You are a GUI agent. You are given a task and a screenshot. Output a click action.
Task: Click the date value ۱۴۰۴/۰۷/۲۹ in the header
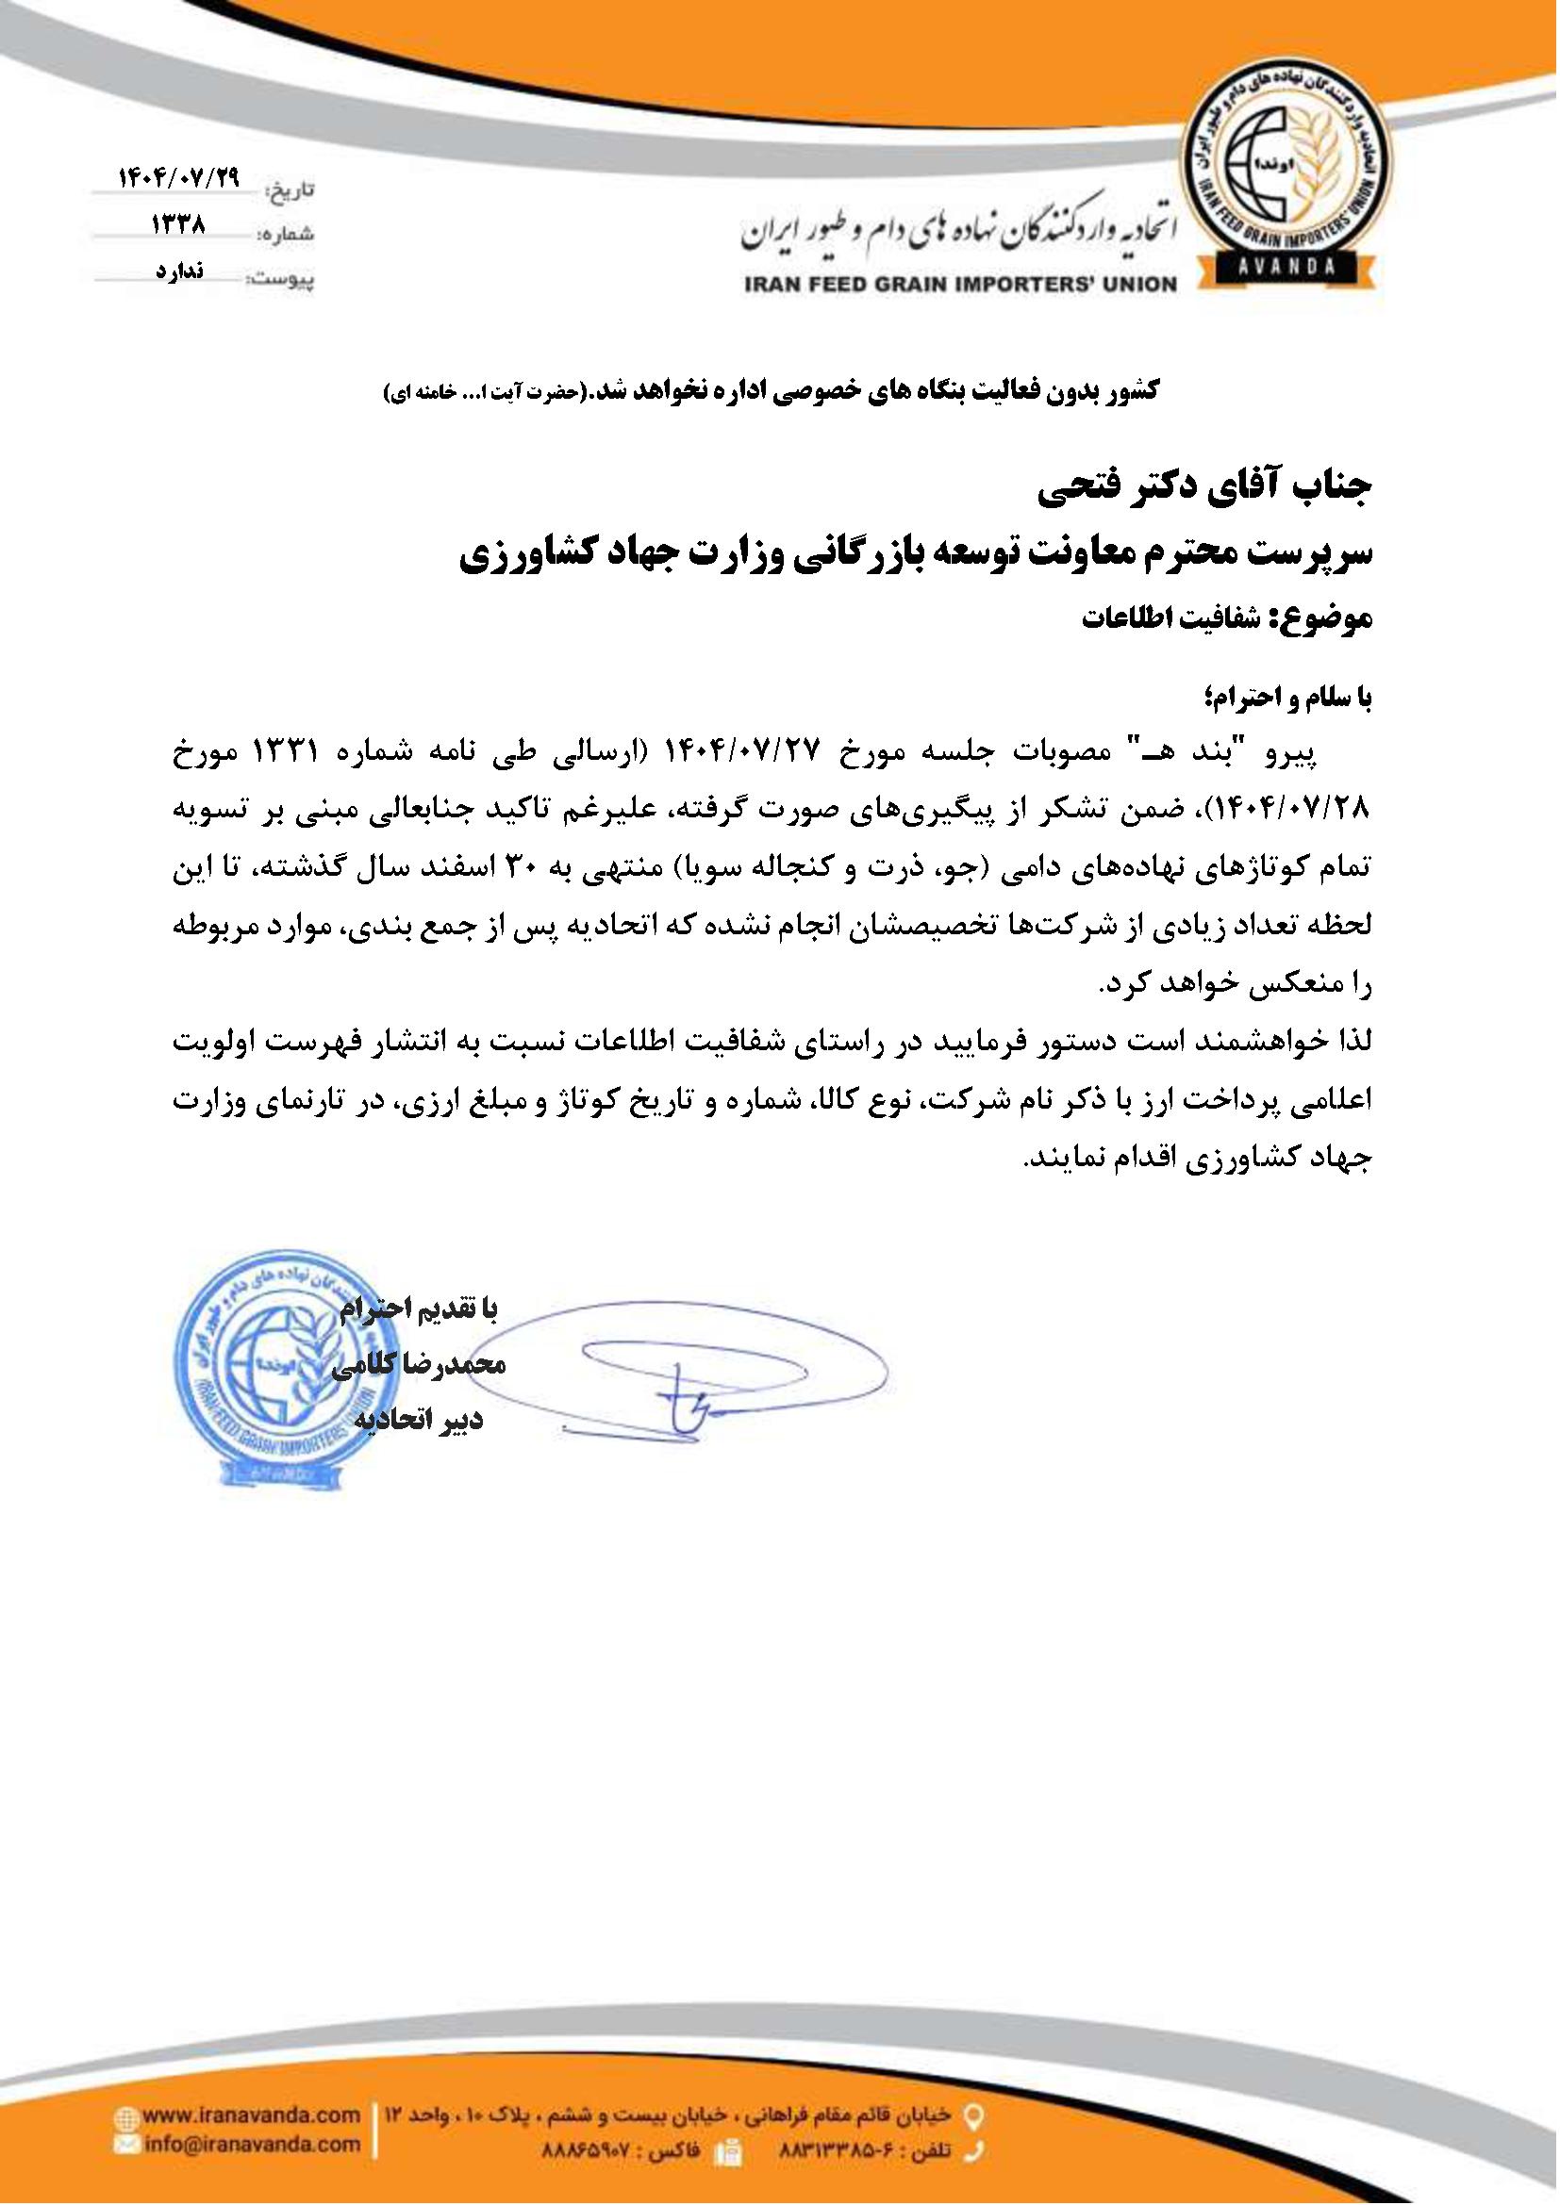pos(178,177)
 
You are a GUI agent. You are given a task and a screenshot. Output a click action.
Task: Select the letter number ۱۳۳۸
pos(178,224)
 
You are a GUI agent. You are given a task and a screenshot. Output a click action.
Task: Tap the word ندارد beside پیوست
pos(178,271)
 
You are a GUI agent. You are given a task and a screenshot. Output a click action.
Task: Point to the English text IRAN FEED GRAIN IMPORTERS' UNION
pos(959,284)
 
